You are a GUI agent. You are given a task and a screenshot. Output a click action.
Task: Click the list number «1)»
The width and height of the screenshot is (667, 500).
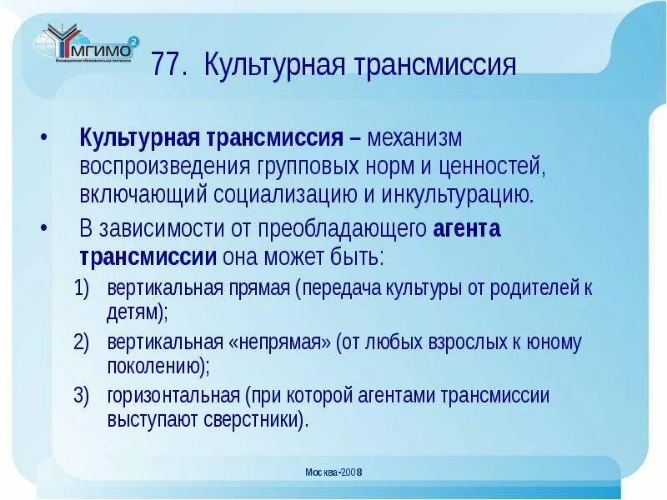point(81,289)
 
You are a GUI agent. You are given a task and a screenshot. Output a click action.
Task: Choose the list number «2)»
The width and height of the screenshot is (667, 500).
point(81,342)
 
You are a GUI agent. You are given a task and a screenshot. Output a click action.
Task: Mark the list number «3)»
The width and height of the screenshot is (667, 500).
point(81,395)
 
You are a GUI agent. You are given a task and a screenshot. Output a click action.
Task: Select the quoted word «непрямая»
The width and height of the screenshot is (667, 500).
point(280,342)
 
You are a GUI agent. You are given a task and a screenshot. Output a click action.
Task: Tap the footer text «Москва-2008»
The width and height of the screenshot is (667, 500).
point(333,472)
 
